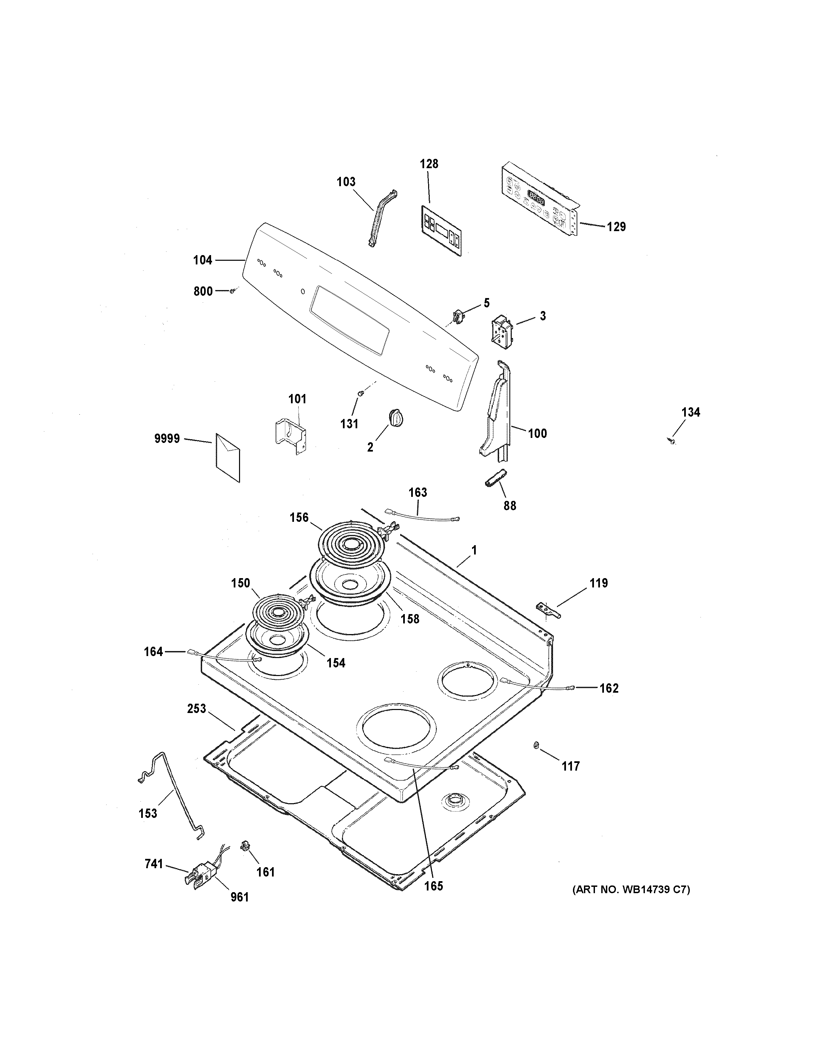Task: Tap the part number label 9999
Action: (x=167, y=439)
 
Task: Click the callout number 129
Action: (x=616, y=226)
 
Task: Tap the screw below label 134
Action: (x=671, y=440)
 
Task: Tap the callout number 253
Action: (x=196, y=709)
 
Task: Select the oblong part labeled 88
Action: (x=495, y=478)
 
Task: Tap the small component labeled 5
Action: (x=457, y=316)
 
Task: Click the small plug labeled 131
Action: (x=360, y=393)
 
